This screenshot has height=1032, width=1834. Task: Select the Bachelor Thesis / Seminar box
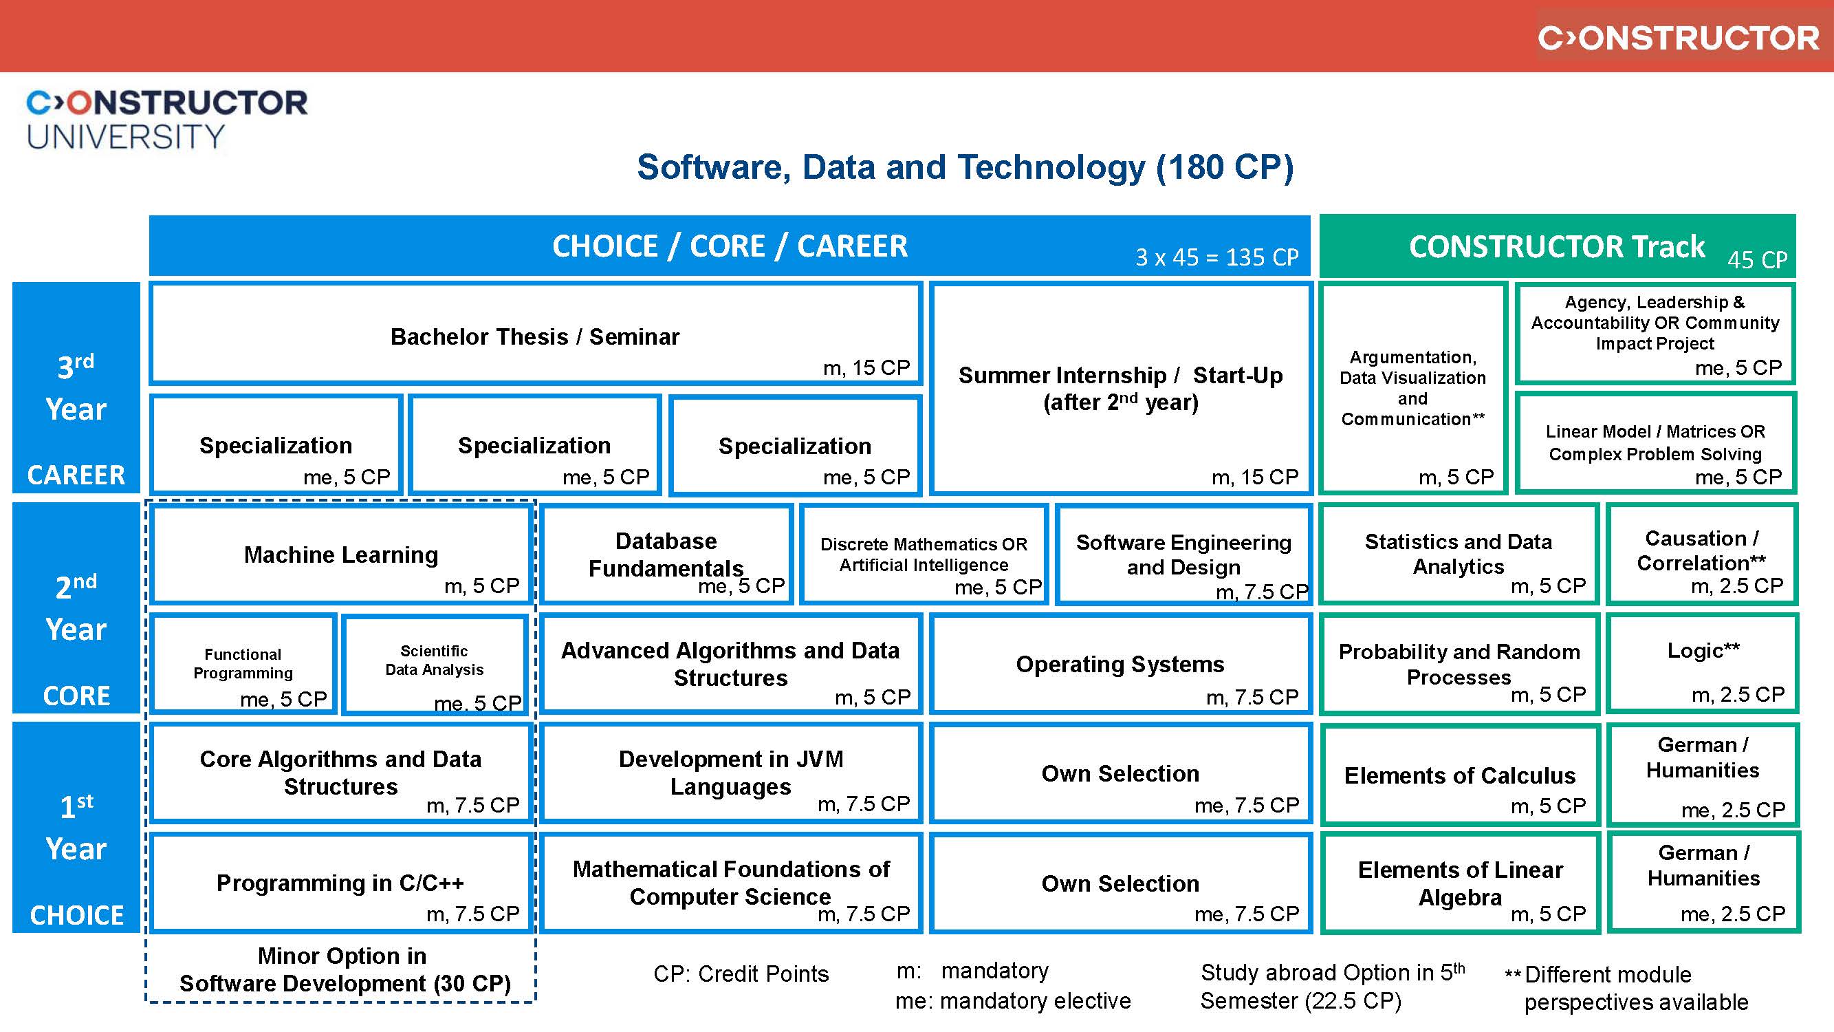535,335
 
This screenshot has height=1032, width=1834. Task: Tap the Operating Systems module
1120,664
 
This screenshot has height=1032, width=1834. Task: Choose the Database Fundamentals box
666,554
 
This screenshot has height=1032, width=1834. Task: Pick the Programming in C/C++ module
340,883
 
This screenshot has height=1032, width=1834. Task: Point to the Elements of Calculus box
1459,775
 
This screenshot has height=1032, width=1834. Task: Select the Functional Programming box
243,664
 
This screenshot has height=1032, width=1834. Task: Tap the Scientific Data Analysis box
435,663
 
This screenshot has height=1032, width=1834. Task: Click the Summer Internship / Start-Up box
1120,388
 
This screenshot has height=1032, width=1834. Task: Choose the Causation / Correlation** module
1701,552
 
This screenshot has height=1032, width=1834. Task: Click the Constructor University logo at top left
166,119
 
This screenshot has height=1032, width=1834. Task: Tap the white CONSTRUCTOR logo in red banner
1678,38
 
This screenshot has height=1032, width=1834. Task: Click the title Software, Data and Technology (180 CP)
965,167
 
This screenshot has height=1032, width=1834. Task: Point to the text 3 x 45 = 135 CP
1216,257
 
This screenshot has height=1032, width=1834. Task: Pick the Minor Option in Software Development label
343,969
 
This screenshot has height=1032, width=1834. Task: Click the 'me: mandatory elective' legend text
1012,1000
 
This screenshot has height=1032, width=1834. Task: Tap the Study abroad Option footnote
1331,987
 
